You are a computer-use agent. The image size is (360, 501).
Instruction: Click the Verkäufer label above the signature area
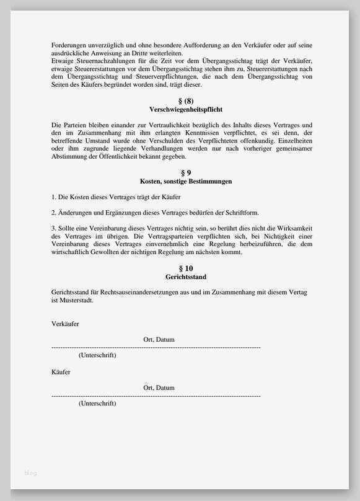pyautogui.click(x=65, y=324)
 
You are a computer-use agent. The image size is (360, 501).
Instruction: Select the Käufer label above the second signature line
pyautogui.click(x=61, y=372)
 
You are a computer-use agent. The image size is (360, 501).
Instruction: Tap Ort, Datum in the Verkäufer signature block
pyautogui.click(x=159, y=340)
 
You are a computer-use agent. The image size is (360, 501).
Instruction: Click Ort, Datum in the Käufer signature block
pyautogui.click(x=159, y=388)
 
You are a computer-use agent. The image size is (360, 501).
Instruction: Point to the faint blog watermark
pyautogui.click(x=30, y=473)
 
